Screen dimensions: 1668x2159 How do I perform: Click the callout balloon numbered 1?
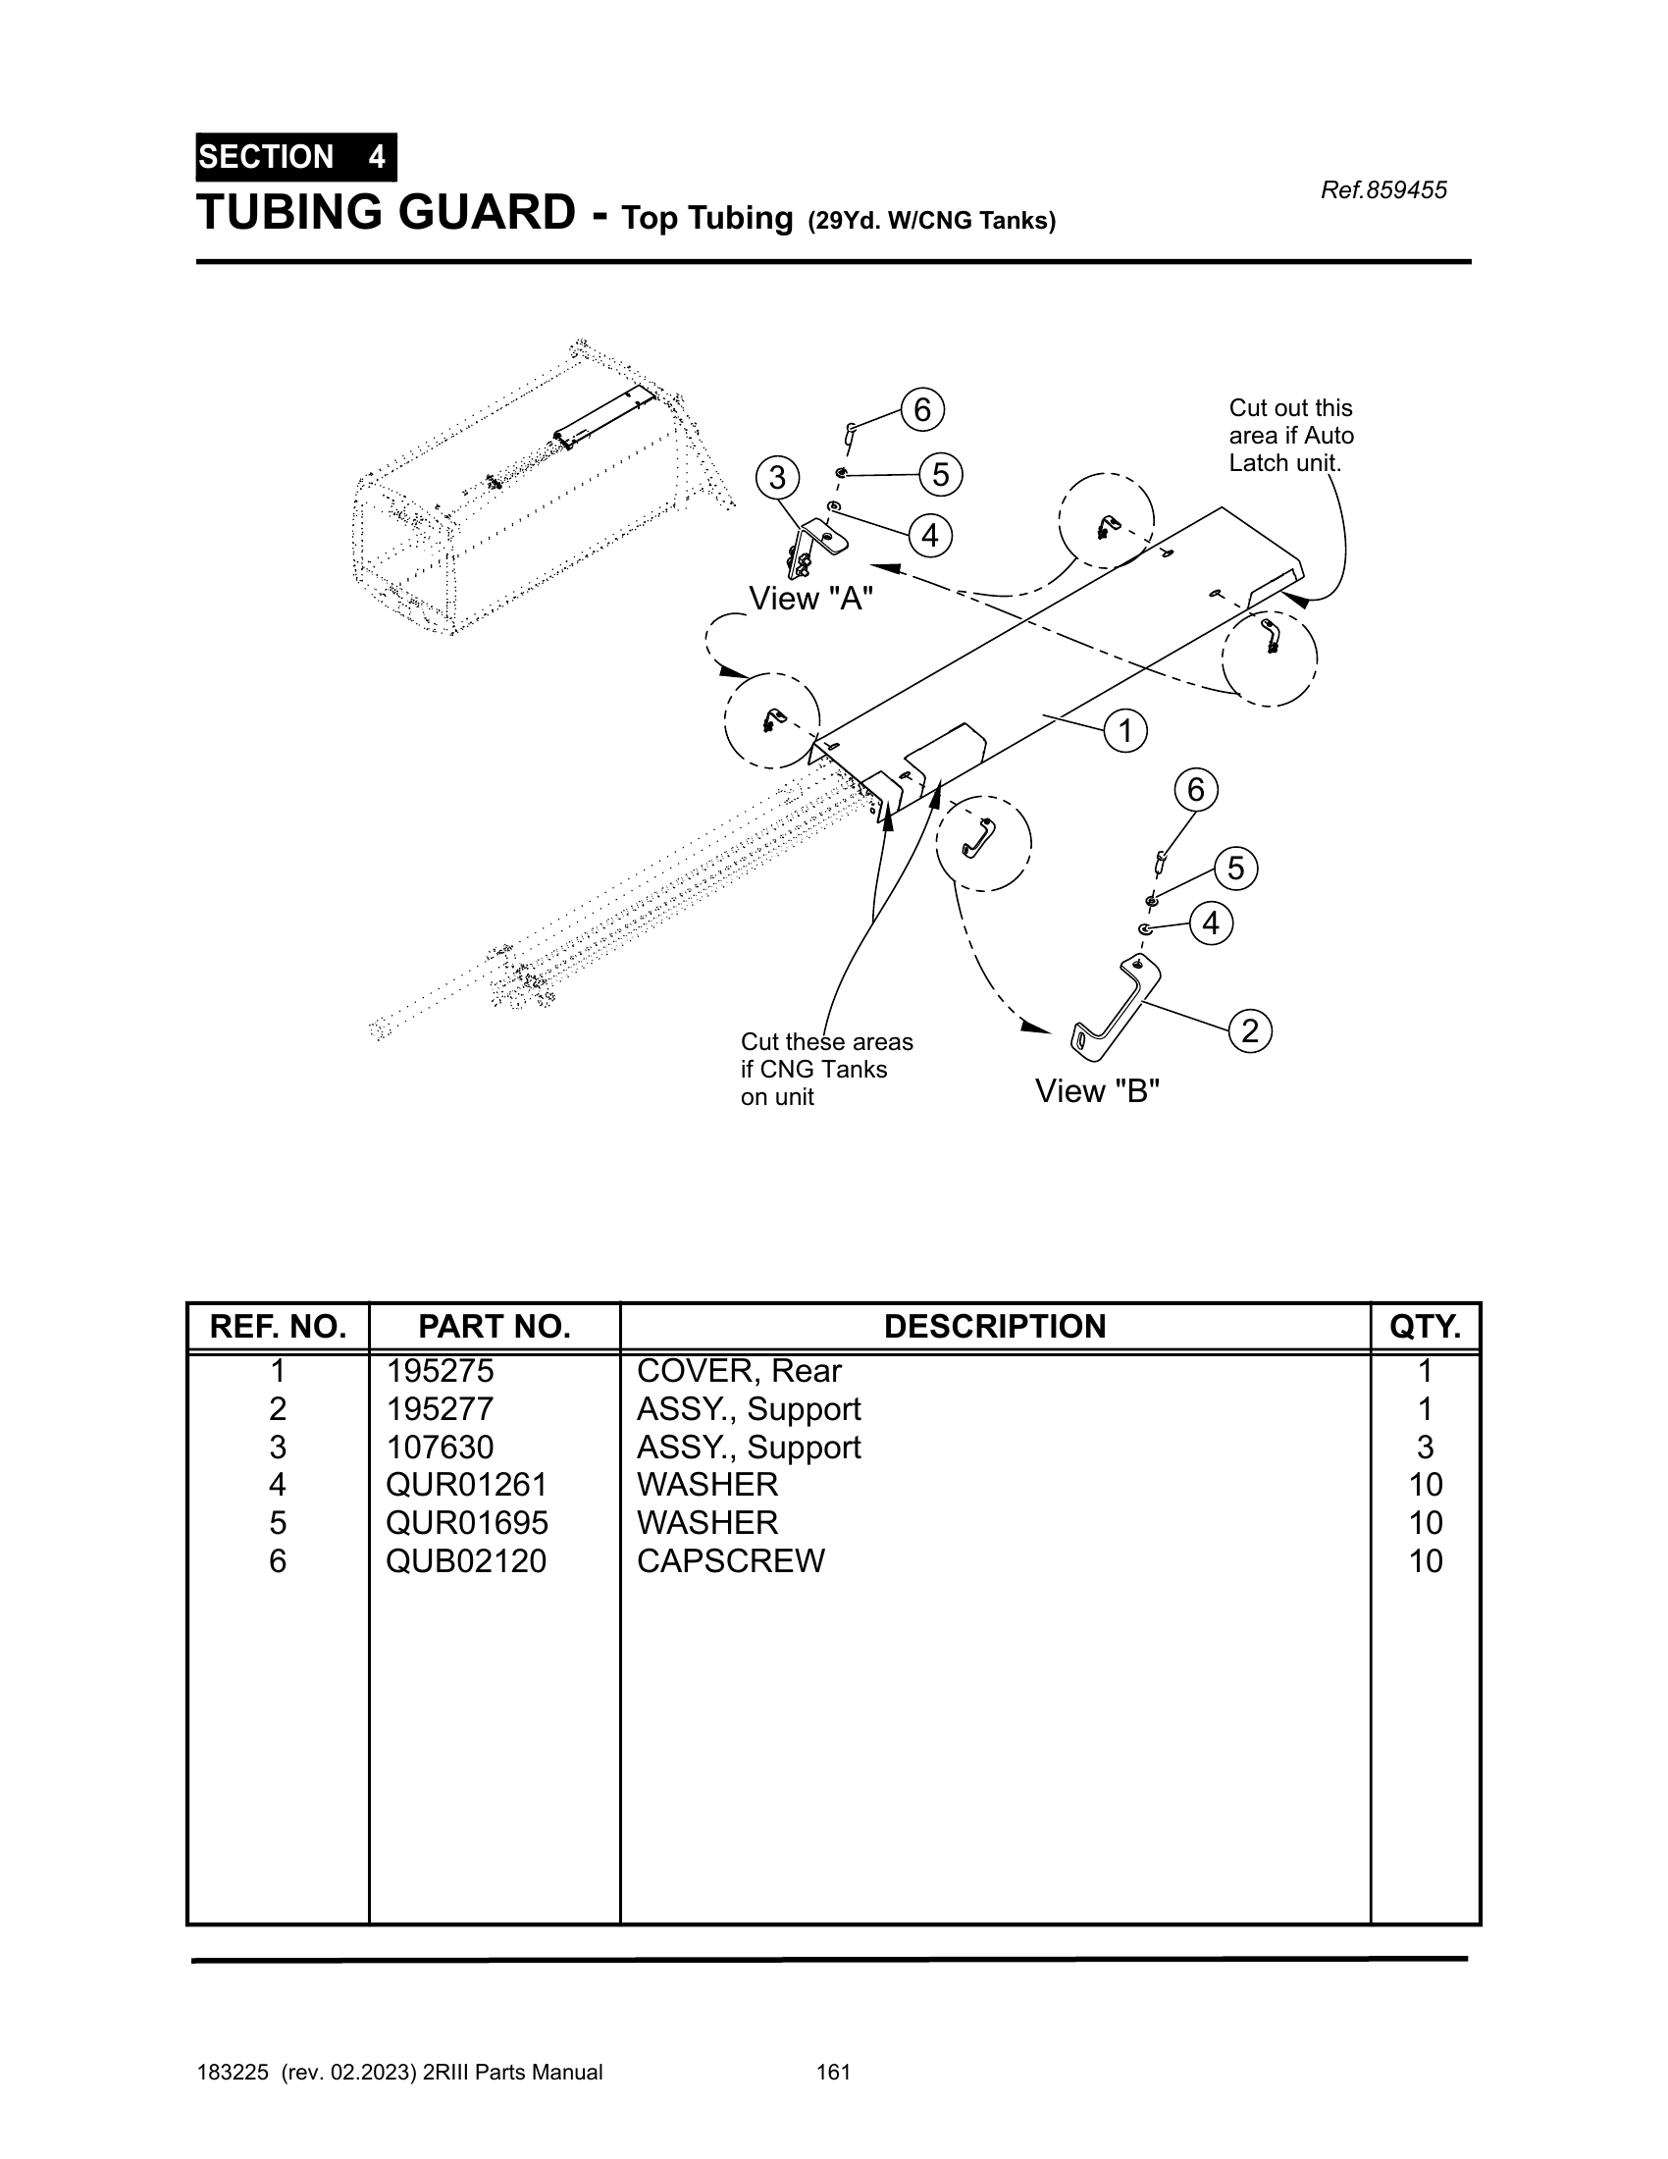pos(1124,731)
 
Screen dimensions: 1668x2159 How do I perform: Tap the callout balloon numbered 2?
pos(1250,1031)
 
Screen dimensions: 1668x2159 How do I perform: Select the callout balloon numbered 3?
pos(778,478)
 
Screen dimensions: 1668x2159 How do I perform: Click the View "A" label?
pos(811,598)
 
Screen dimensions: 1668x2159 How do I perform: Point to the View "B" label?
pos(1097,1091)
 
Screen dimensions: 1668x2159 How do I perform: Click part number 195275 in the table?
pos(440,1372)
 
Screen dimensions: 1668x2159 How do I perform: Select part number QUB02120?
pos(465,1561)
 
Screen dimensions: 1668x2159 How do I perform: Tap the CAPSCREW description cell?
pos(730,1561)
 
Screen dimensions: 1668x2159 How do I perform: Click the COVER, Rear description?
pos(739,1372)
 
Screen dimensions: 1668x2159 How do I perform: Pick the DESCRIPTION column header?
pos(995,1327)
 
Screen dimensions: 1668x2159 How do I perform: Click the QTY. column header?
pos(1425,1327)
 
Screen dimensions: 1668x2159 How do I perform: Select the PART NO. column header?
pos(495,1327)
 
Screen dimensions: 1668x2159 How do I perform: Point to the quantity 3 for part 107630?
pos(1425,1448)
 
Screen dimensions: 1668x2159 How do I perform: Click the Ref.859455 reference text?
pos(1383,189)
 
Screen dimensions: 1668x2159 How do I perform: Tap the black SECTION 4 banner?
pos(296,157)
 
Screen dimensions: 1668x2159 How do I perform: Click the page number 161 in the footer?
pos(834,2072)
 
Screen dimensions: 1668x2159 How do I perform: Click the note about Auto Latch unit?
pos(1291,436)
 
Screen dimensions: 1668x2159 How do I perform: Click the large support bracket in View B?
pos(1116,1008)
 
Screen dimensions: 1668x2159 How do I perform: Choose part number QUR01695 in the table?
pos(466,1523)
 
